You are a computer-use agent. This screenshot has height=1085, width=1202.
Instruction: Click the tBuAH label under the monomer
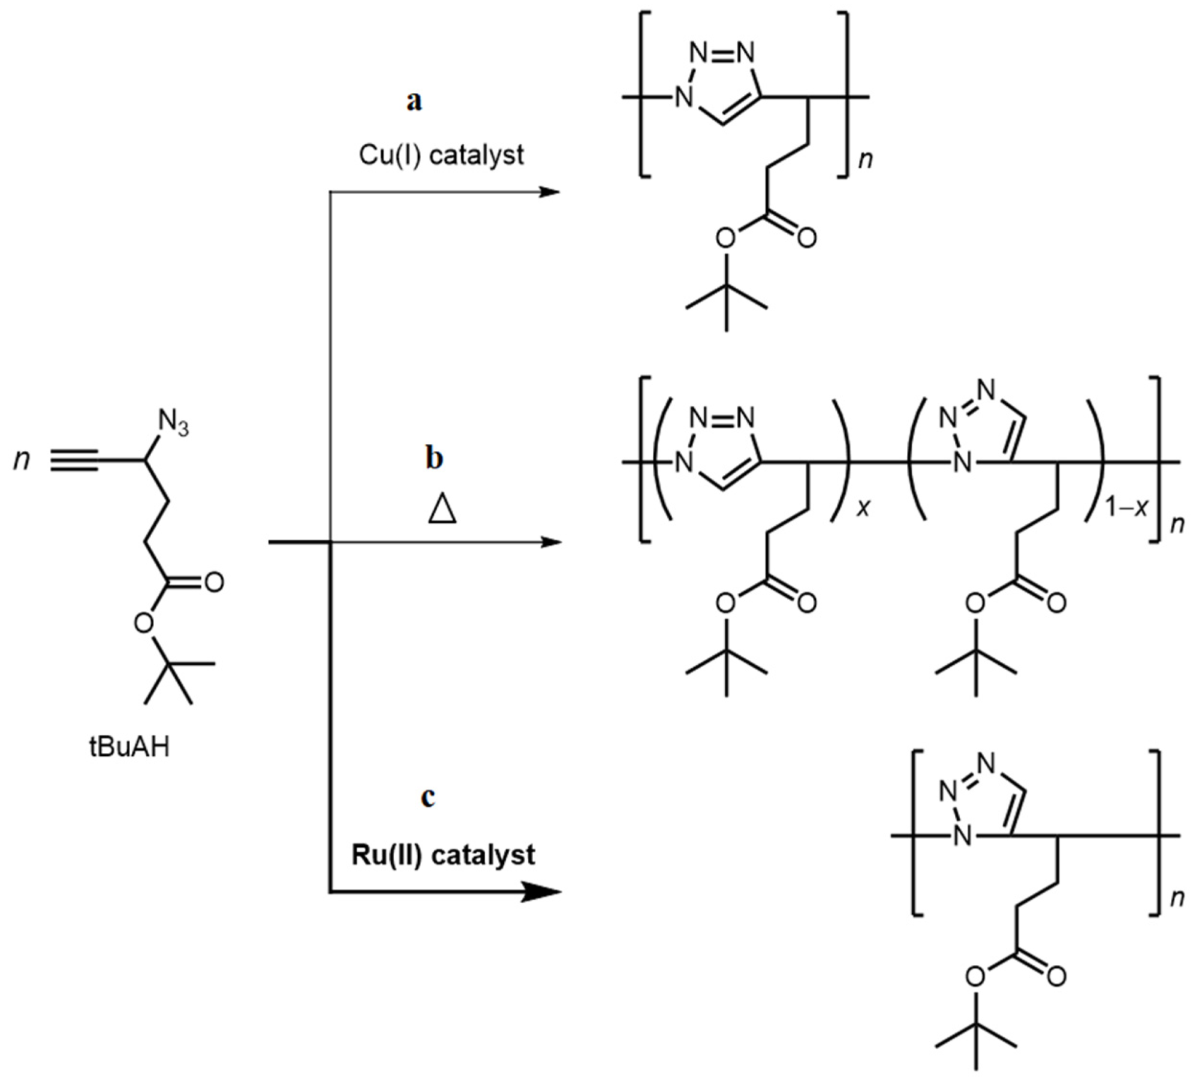point(129,748)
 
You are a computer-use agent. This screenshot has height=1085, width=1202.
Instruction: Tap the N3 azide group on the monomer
point(173,424)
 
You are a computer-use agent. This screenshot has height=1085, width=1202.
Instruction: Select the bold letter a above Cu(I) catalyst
point(414,101)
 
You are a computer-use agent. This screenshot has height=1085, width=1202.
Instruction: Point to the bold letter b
point(434,458)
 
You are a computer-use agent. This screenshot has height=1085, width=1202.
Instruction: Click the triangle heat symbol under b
point(442,510)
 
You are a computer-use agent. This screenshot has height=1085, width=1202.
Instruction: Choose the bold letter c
point(428,797)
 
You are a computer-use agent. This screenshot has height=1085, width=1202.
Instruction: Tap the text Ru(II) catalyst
point(443,855)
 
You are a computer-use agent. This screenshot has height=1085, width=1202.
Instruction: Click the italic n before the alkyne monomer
point(22,460)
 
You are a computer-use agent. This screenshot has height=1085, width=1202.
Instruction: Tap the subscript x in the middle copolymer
point(863,509)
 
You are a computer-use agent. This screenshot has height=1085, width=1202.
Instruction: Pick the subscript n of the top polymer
point(864,160)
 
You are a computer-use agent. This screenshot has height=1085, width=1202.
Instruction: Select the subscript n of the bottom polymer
point(1177,898)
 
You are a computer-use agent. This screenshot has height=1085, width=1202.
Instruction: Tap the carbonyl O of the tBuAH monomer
point(213,582)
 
